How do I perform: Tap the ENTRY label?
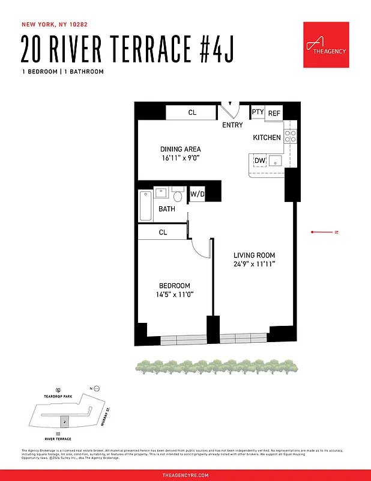pyautogui.click(x=232, y=125)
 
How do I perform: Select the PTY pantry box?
pyautogui.click(x=258, y=112)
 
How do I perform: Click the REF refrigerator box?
pyautogui.click(x=274, y=113)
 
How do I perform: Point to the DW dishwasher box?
pyautogui.click(x=260, y=161)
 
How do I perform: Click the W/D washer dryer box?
pyautogui.click(x=197, y=194)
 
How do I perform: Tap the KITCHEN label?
pyautogui.click(x=267, y=138)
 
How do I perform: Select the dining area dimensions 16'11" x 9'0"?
pyautogui.click(x=180, y=158)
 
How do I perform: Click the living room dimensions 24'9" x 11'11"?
pyautogui.click(x=254, y=264)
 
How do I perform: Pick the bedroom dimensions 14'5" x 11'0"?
pyautogui.click(x=174, y=294)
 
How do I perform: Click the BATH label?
pyautogui.click(x=167, y=209)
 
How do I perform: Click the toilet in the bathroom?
pyautogui.click(x=178, y=195)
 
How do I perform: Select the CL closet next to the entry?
pyautogui.click(x=192, y=112)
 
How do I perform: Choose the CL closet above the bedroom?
pyautogui.click(x=163, y=232)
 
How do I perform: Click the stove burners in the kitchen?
pyautogui.click(x=291, y=137)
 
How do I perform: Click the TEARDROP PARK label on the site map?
pyautogui.click(x=58, y=396)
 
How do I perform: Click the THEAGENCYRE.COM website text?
pyautogui.click(x=185, y=475)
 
